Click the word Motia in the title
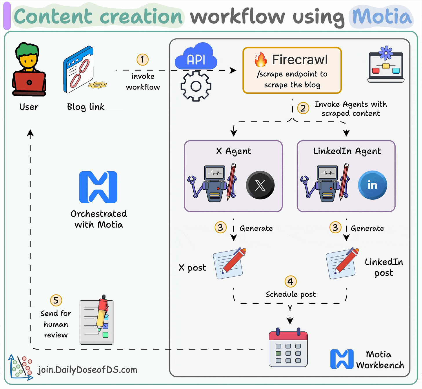click(382, 17)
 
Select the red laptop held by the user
click(29, 82)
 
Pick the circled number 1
click(142, 59)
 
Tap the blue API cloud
click(196, 58)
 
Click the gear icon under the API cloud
click(196, 86)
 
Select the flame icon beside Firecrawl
click(261, 60)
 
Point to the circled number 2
click(303, 108)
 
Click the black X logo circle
click(260, 185)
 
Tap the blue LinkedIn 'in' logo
click(372, 185)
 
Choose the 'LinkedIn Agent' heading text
click(347, 151)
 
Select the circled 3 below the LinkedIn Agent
click(335, 228)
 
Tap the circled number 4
click(290, 281)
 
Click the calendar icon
click(288, 349)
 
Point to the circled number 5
click(56, 301)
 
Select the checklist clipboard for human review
click(96, 322)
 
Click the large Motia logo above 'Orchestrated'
click(98, 187)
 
